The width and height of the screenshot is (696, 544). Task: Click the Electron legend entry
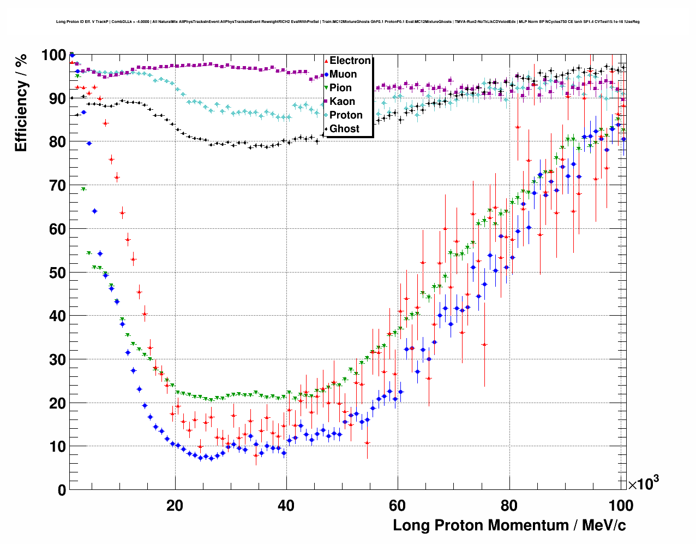tap(350, 61)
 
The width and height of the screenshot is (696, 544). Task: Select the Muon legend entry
tap(343, 74)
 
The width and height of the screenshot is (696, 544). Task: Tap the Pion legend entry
tap(340, 88)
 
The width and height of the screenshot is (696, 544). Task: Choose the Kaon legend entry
tap(342, 102)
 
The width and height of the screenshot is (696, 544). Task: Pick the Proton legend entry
tap(346, 115)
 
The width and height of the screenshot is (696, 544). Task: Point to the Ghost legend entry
tap(344, 129)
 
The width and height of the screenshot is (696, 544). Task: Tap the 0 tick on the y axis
tap(62, 490)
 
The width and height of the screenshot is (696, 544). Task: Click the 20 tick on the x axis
tap(175, 505)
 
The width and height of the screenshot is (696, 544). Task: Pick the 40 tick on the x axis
tap(286, 505)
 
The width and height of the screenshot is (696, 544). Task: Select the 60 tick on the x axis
tap(398, 505)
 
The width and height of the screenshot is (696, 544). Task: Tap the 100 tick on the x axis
tap(621, 505)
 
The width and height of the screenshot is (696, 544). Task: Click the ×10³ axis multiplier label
tap(643, 483)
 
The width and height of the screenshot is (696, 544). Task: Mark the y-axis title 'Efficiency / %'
tap(21, 102)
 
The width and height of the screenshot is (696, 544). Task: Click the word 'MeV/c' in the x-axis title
tap(604, 525)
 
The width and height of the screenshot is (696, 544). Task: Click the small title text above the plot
tap(347, 22)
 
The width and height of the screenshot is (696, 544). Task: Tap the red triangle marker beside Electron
tap(326, 61)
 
